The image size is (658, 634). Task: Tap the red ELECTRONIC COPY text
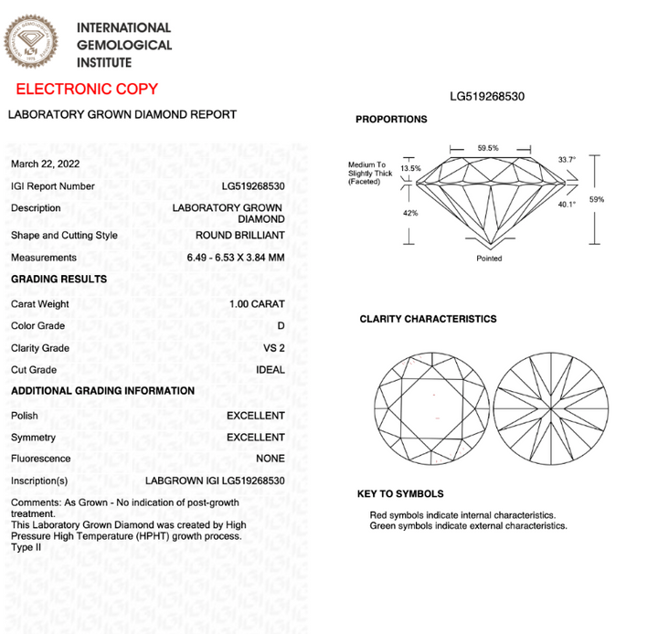[87, 90]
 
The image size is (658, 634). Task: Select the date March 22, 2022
[45, 164]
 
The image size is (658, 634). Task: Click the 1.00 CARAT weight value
[257, 304]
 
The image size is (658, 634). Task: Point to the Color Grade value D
[281, 326]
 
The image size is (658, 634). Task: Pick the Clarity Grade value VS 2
[273, 348]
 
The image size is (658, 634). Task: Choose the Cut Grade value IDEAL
[271, 370]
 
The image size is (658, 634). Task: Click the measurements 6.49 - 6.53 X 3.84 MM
[236, 257]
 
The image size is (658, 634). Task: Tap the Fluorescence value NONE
[270, 459]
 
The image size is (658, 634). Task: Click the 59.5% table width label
[488, 148]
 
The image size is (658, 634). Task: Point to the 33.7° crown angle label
[568, 160]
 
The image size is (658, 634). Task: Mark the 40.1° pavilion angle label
[568, 205]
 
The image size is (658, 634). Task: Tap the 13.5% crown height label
[411, 168]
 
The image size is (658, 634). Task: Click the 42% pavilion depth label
[410, 213]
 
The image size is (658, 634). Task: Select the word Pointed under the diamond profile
[489, 259]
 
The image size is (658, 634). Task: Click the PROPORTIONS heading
[391, 120]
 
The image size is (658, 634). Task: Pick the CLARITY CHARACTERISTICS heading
[428, 319]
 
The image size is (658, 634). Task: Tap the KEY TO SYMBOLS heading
[399, 493]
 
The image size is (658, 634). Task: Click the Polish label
[25, 415]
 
